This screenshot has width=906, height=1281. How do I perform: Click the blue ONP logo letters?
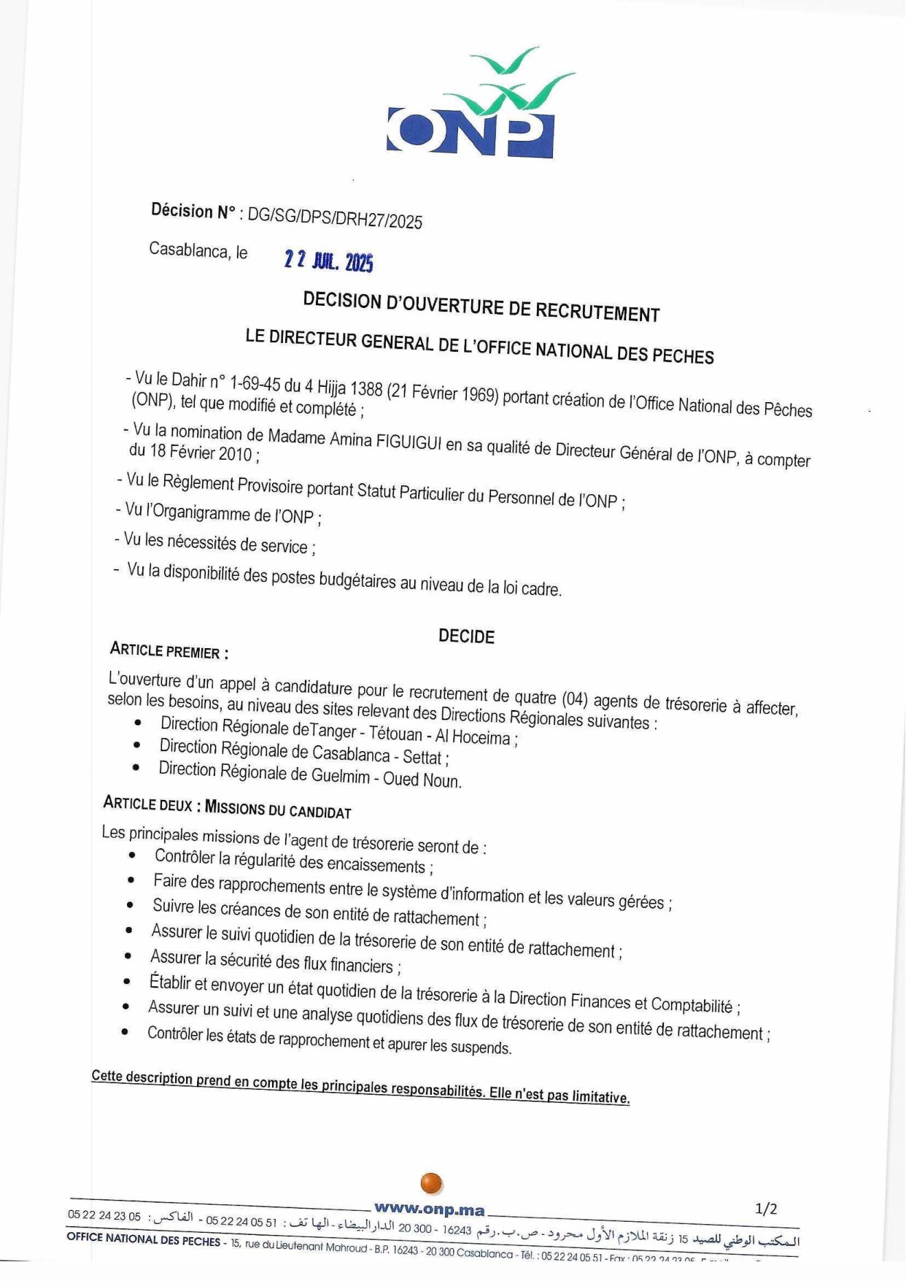coord(471,131)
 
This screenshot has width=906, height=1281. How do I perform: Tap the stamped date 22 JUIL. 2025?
coord(328,261)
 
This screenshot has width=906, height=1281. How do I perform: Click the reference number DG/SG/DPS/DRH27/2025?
coord(335,218)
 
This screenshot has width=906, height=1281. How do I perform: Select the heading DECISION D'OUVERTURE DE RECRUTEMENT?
coord(481,307)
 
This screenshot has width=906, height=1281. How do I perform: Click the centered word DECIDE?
coord(466,636)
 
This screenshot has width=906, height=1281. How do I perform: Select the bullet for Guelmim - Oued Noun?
coord(136,768)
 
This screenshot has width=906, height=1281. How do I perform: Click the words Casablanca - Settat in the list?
coord(380,755)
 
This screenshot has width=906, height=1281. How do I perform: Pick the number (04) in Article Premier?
coord(574,699)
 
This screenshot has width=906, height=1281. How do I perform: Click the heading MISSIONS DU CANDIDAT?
coord(278,809)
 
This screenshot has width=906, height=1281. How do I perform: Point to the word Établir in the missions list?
coord(170,982)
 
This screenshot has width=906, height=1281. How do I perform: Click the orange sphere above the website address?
coord(431,1183)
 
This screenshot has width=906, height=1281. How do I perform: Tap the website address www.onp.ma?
coord(430,1209)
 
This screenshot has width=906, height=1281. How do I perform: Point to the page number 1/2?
coord(766,1209)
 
